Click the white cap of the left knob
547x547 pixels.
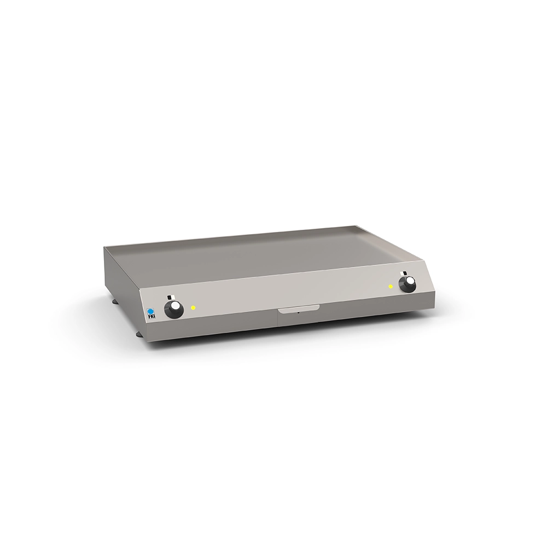point(177,307)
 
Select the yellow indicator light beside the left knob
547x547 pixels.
point(193,307)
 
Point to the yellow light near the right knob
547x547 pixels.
point(391,287)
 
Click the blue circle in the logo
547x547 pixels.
point(150,311)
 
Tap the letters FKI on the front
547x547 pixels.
point(150,317)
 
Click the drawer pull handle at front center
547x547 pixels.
point(298,309)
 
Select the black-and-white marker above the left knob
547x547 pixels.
point(170,297)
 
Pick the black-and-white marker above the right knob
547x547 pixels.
point(405,273)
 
